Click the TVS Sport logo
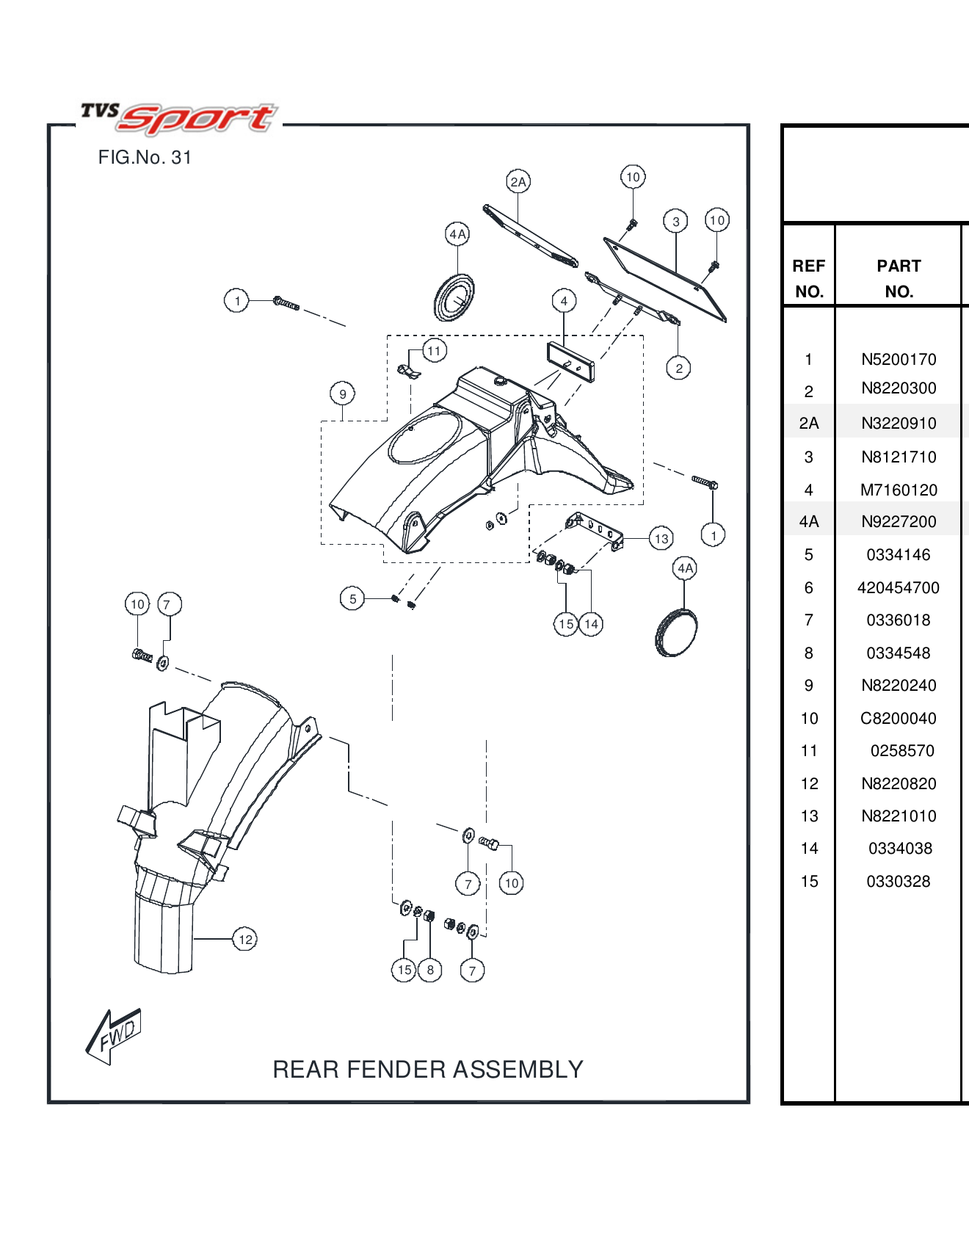coord(179,118)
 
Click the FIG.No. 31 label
coord(145,158)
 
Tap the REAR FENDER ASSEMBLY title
coord(428,1070)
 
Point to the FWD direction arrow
coord(114,1035)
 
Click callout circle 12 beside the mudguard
coord(245,939)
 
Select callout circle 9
coord(342,394)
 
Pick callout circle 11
coord(434,351)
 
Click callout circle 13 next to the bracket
coord(661,539)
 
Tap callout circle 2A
coord(518,181)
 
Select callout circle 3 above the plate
coord(675,221)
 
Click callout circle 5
coord(352,598)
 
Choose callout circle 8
coord(430,970)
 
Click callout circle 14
coord(591,624)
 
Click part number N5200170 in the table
coord(899,360)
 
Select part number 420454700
coord(899,588)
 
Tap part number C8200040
coord(899,719)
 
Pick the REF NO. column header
coord(809,278)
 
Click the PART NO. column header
coord(899,278)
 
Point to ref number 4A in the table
coord(809,522)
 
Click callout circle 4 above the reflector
coord(564,301)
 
